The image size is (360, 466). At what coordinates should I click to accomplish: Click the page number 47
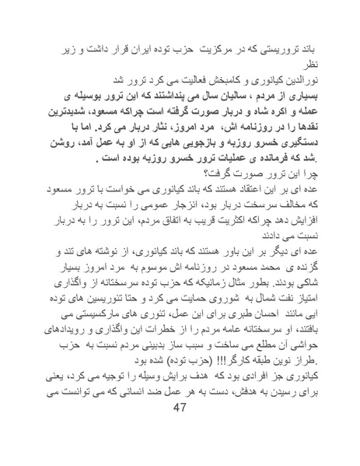tap(180, 432)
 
